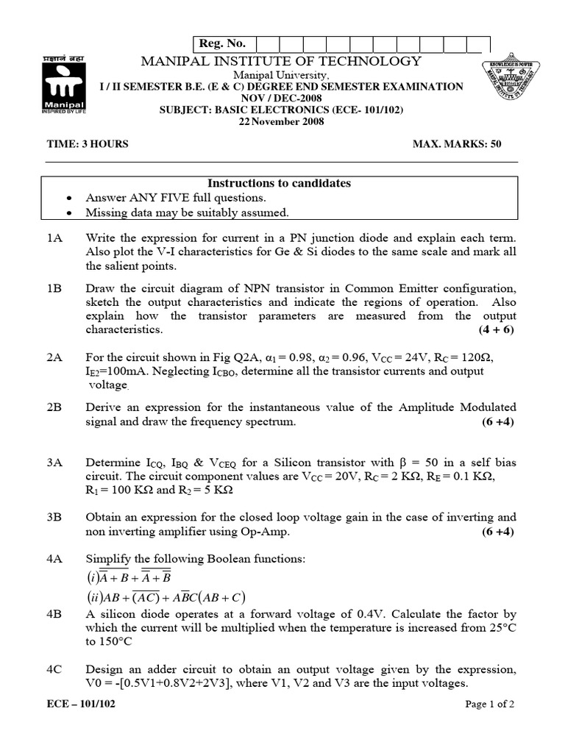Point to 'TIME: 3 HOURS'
pos(88,144)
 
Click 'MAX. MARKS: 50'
pos(457,144)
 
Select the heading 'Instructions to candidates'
pos(279,183)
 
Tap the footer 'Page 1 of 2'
pos(490,704)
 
